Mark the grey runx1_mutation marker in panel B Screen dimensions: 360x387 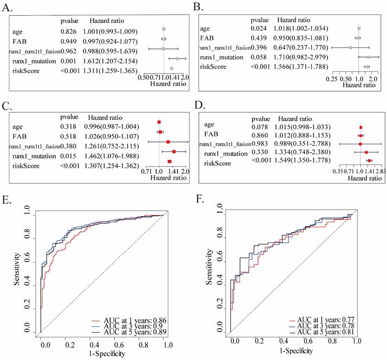point(368,57)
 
